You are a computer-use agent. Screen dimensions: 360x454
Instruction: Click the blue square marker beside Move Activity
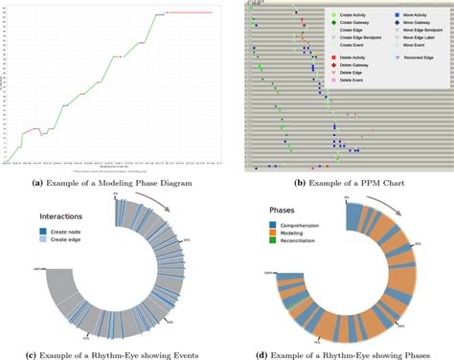tap(397, 15)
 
